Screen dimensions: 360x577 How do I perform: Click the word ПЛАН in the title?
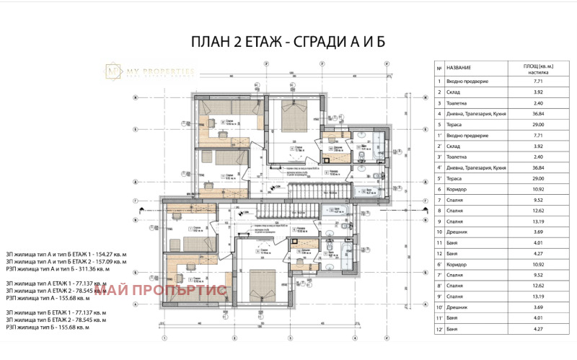click(x=207, y=42)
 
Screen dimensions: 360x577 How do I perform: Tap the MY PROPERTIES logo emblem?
click(x=114, y=71)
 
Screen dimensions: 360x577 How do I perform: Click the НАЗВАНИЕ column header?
click(x=461, y=66)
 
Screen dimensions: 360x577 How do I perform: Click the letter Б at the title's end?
click(x=380, y=42)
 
